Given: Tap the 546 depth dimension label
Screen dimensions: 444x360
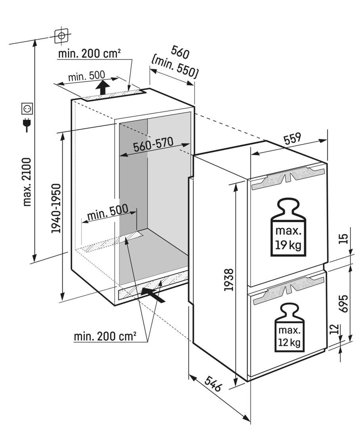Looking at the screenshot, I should tap(213, 383).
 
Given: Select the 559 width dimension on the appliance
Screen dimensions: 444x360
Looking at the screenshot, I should tap(293, 138).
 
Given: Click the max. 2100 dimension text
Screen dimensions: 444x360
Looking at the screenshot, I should tap(27, 182).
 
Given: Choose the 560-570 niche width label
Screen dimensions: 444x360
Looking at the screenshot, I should tap(153, 145).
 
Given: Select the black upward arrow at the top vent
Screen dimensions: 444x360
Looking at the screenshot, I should tap(103, 86).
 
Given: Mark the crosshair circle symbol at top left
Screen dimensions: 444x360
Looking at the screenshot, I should tap(61, 36).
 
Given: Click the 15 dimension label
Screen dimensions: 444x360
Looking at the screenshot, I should tap(343, 238).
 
